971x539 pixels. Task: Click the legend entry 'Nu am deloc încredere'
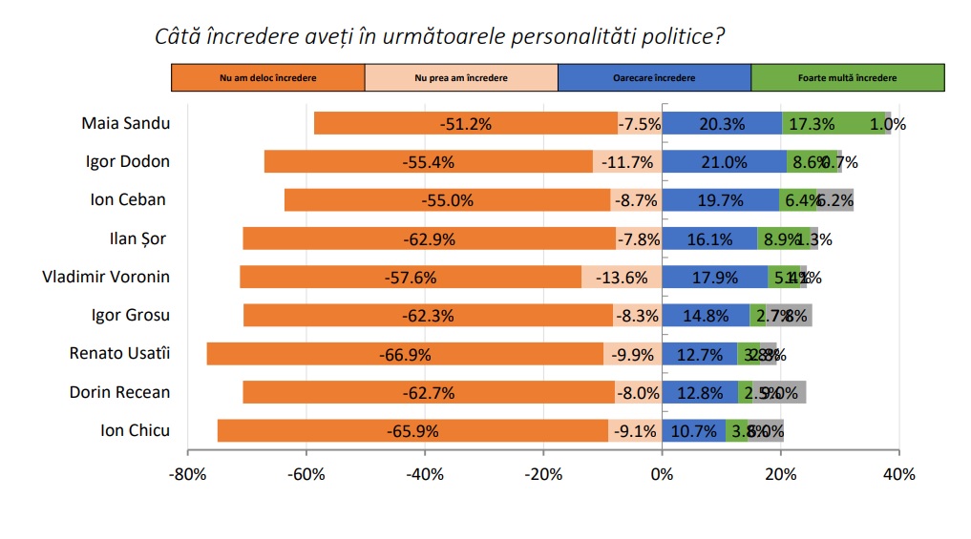267,77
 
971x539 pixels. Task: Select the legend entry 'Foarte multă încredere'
847,77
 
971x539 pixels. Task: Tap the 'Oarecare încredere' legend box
654,77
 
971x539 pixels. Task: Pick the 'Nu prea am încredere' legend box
461,77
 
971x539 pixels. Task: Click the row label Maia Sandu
126,123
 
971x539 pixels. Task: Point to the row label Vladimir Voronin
106,277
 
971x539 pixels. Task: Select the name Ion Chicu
135,430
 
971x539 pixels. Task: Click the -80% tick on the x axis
187,474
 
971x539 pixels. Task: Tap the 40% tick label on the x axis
899,474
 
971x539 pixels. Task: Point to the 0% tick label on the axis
662,474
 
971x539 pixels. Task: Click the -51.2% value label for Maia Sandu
465,124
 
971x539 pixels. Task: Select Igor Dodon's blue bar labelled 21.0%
724,162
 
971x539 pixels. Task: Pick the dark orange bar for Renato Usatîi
405,354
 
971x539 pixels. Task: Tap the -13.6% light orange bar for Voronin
622,278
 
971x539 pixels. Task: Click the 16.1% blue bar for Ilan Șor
708,238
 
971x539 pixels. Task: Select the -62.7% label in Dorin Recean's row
429,392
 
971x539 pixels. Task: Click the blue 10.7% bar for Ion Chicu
693,430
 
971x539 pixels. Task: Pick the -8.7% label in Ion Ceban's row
636,200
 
